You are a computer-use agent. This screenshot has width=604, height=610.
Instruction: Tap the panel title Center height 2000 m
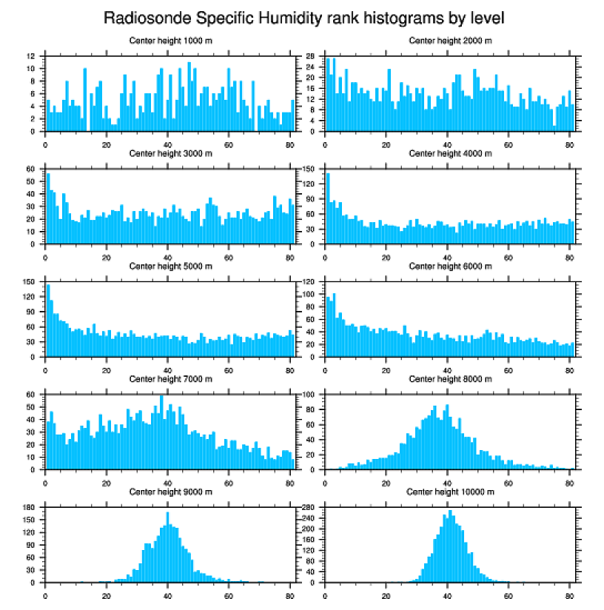450,41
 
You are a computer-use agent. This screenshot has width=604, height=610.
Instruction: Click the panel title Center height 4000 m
450,153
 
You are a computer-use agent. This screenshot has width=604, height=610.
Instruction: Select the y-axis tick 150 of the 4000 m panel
311,169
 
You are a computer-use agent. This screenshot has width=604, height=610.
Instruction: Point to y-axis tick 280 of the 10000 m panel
311,508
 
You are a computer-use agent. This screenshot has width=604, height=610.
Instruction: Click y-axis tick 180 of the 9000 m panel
30,508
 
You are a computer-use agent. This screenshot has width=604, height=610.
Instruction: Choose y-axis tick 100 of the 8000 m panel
311,395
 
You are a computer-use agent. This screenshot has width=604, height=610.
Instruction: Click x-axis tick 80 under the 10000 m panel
569,593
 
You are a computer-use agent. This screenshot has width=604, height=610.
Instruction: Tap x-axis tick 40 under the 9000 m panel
168,593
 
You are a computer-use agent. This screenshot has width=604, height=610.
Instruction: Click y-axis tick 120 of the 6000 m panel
311,282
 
